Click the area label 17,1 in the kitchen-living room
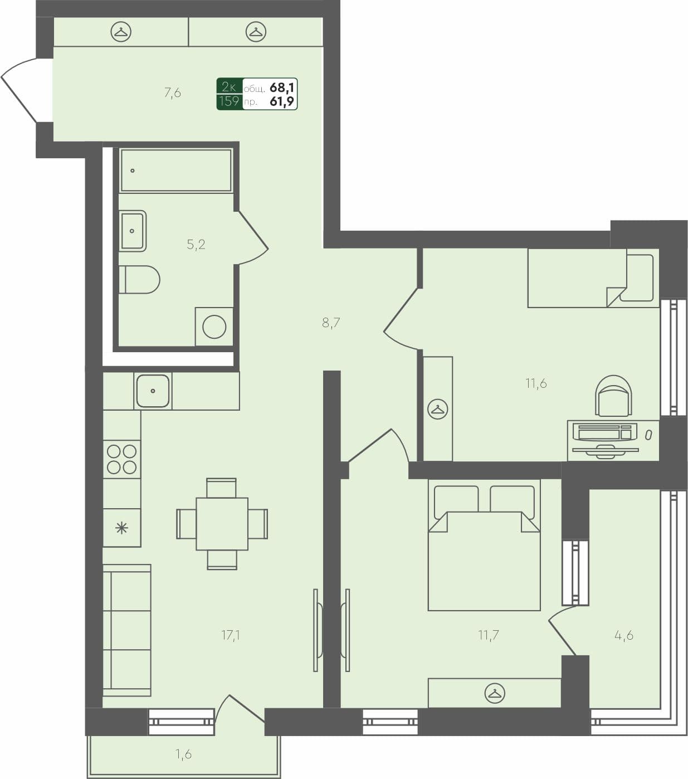(x=230, y=634)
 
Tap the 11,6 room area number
(x=536, y=383)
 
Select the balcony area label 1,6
(x=183, y=754)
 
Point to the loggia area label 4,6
(x=623, y=635)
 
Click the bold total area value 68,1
(x=282, y=87)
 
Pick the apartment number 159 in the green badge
(x=229, y=101)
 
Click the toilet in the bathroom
(x=139, y=280)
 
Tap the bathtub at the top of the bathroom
(x=175, y=171)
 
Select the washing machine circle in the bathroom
(x=214, y=327)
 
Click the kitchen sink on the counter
(x=153, y=391)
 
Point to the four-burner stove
(x=122, y=459)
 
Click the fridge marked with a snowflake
(x=121, y=527)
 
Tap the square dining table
(x=222, y=524)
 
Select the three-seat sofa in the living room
(x=127, y=630)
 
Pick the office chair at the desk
(x=613, y=396)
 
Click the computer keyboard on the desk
(x=604, y=432)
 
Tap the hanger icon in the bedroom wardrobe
(x=494, y=693)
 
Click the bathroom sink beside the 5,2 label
(x=133, y=231)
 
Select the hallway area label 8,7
(x=331, y=323)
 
